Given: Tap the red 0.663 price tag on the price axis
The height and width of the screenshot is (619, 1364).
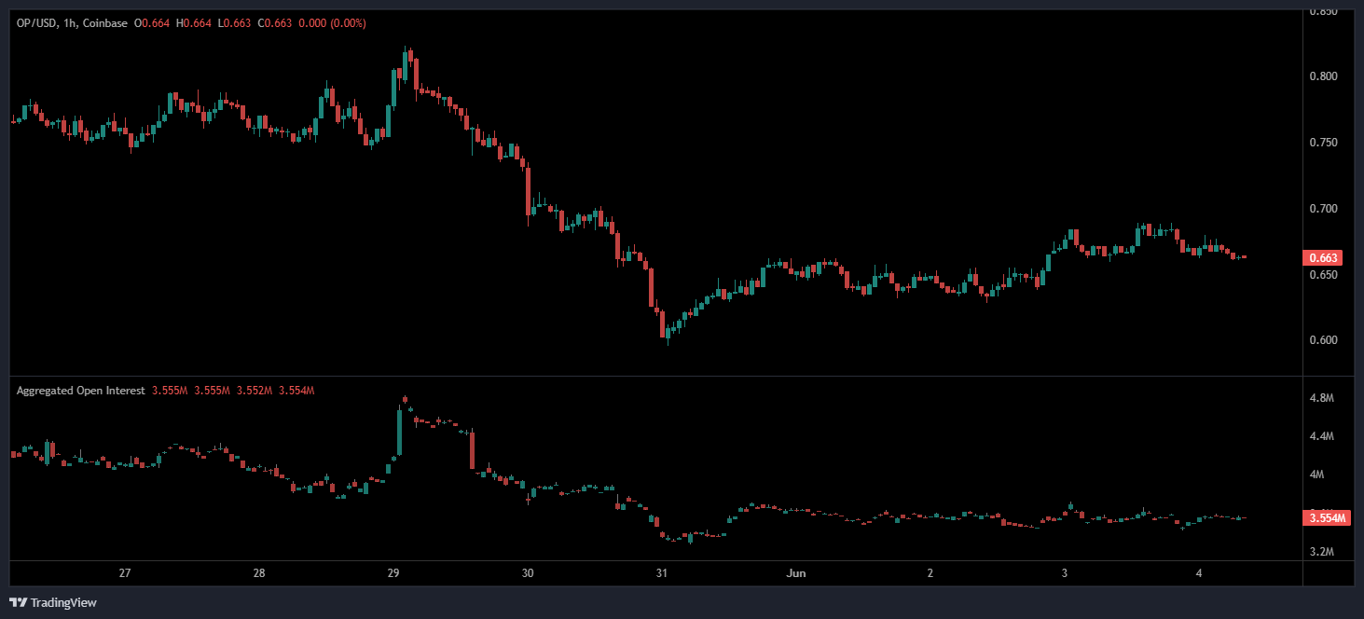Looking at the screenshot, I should [1324, 258].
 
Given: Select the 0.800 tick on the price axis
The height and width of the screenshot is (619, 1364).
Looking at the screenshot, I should [1324, 76].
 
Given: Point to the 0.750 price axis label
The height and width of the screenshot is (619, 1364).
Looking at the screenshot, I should [1324, 143].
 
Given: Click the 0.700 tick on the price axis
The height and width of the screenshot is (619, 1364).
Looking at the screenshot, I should [1324, 209].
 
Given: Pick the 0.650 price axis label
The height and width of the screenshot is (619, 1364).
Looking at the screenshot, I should [1324, 275].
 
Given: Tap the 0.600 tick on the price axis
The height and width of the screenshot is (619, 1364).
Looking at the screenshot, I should [1324, 340].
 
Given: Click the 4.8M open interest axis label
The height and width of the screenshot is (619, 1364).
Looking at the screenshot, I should [1322, 398].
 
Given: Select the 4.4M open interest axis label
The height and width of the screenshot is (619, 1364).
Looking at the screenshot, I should [1322, 436].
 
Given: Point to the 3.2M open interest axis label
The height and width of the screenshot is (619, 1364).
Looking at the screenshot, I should [1322, 552].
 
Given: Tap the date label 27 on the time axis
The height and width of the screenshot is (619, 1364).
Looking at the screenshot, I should [125, 572].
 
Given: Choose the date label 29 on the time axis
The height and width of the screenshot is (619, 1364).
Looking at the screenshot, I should [393, 572].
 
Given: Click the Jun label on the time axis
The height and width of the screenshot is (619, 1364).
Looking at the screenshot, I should [795, 572].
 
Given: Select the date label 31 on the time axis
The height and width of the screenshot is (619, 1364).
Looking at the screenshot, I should [661, 572].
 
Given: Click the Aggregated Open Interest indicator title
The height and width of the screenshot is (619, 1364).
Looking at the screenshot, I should [80, 391].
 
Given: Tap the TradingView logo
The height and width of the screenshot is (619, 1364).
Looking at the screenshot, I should [53, 602].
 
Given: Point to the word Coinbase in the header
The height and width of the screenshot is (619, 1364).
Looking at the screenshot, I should [105, 22].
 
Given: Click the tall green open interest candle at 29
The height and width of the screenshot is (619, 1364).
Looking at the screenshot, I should [399, 433].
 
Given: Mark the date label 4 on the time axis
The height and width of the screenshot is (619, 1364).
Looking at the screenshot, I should [1197, 572].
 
